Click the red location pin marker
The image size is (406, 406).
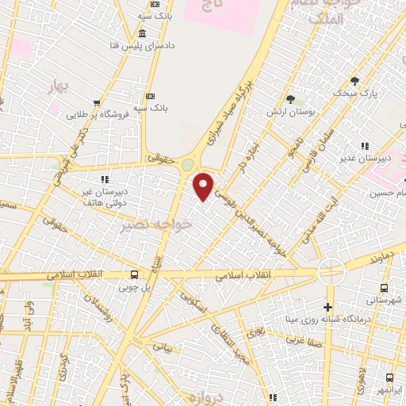[x=205, y=186]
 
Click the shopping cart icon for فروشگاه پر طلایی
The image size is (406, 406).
[x=97, y=102]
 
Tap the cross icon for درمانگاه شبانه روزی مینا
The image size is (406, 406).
[x=327, y=307]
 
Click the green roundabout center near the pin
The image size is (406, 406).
[x=188, y=165]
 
